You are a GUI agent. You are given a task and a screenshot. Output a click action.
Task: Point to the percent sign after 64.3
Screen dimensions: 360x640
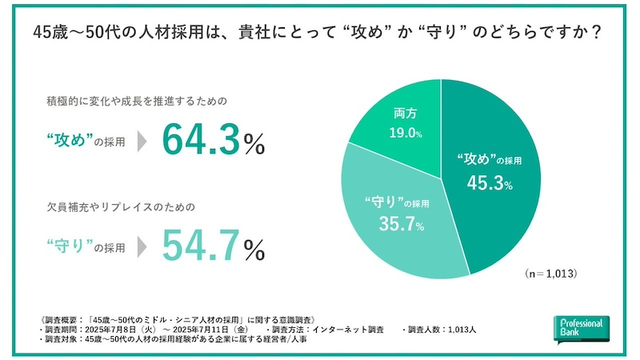[x=254, y=146]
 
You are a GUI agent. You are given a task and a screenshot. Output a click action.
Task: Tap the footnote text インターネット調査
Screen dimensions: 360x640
[x=348, y=329]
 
